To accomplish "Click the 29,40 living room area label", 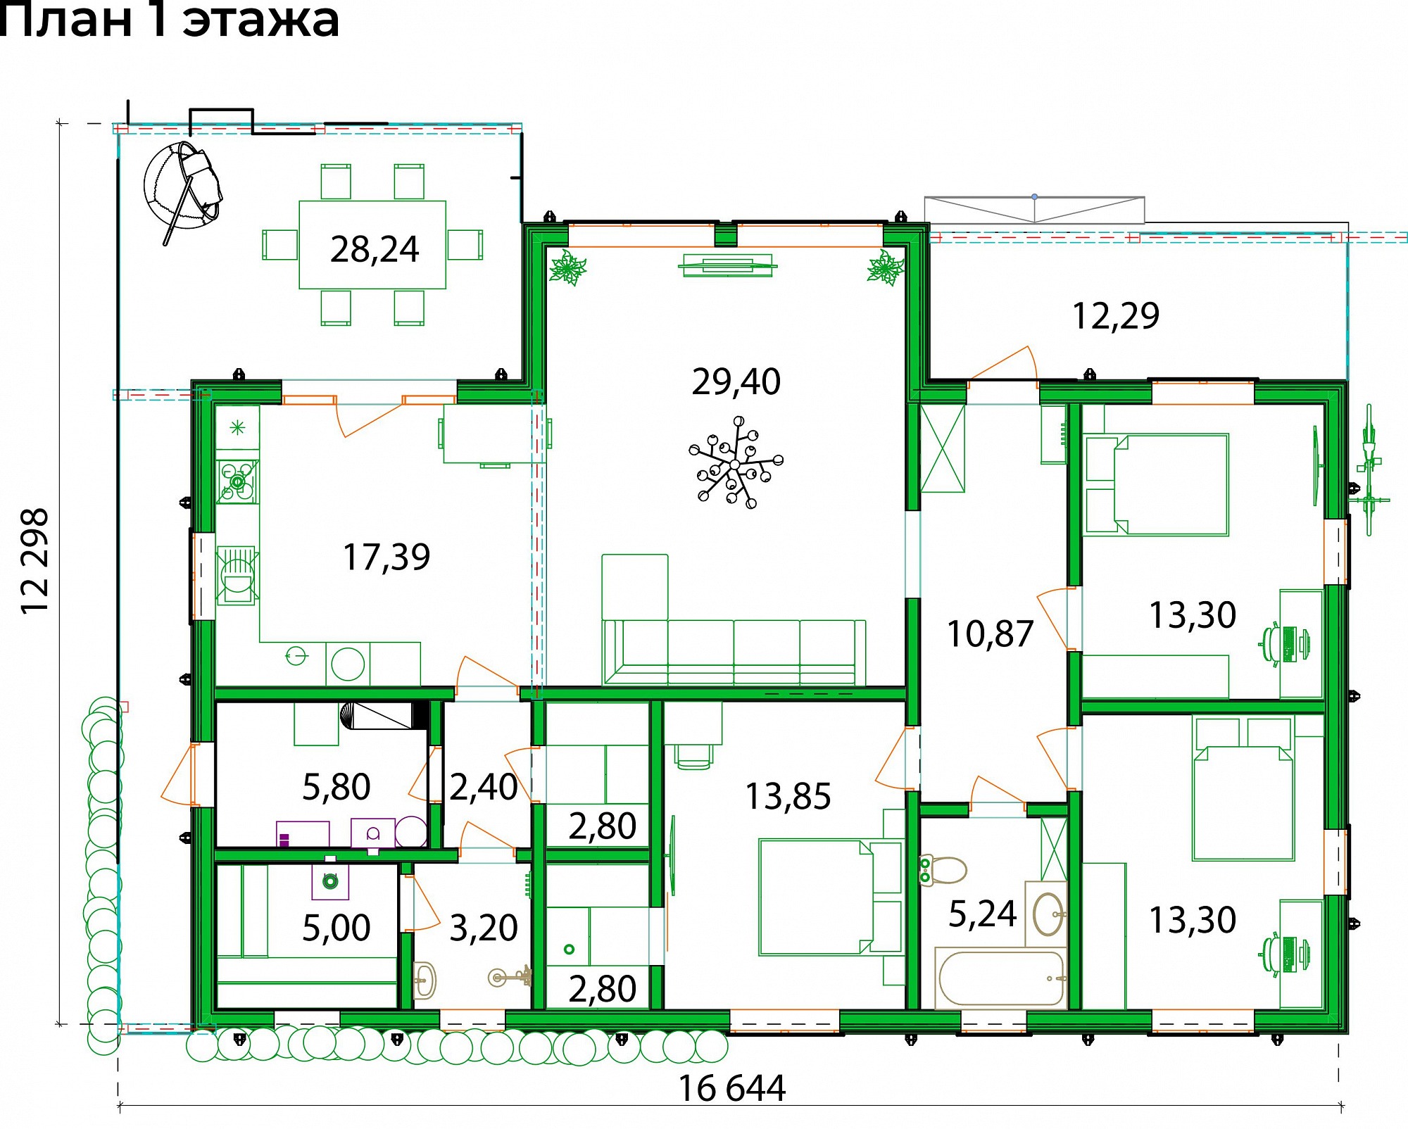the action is pos(736,382).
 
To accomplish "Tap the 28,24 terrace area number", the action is pos(375,250).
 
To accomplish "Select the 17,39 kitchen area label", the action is pos(386,557).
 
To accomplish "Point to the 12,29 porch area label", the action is pos(1115,317).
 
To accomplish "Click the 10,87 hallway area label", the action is pos(990,634).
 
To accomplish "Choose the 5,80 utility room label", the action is pos(336,788).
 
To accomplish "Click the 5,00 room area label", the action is pos(336,928).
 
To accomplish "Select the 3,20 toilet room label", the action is pos(484,928).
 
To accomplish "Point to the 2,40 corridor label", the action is pos(484,788).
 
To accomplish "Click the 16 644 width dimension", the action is pos(731,1089).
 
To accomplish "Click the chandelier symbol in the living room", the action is pos(735,462).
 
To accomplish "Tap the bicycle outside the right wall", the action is pos(1369,469).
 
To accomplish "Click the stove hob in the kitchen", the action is pos(237,481).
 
